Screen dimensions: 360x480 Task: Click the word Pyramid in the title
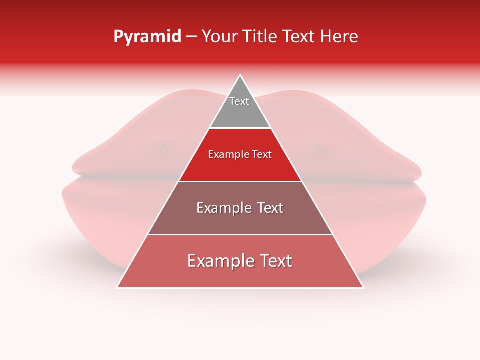[147, 37]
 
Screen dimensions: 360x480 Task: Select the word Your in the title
[219, 37]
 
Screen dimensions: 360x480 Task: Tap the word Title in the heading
[260, 37]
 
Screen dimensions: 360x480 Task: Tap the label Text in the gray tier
[239, 101]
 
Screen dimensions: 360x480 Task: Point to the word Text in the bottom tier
[275, 261]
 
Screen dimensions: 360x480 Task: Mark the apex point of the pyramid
[240, 75]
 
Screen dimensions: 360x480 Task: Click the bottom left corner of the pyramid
[117, 287]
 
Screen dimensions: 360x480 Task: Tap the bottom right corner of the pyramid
[363, 287]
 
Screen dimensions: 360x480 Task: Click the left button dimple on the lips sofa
[163, 149]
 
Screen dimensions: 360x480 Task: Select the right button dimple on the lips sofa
[321, 152]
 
